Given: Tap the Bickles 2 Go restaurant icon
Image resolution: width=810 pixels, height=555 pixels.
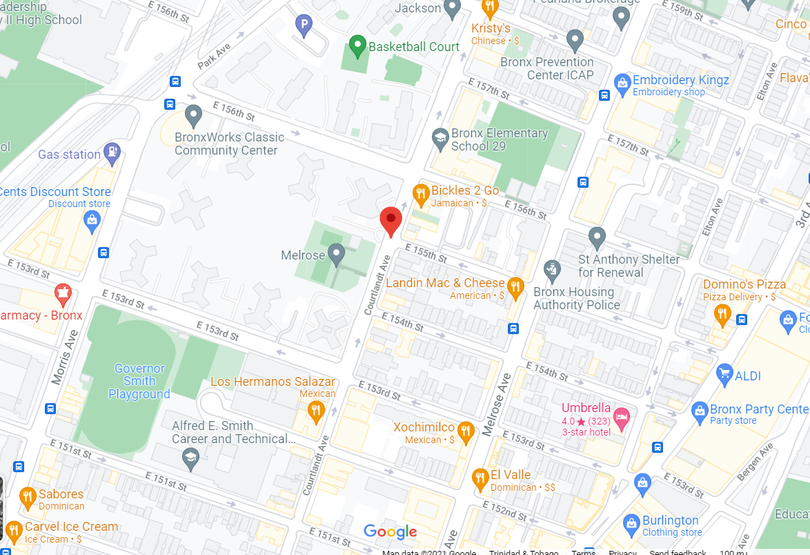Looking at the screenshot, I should coord(421,195).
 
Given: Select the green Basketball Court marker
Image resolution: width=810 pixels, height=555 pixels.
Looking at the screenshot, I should coord(357,46).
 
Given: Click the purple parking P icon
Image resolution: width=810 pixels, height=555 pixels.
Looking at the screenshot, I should coord(303,26).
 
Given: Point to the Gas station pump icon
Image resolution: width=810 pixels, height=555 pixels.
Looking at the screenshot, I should coord(112,152).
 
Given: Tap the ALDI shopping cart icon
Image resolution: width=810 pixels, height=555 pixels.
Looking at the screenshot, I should coord(724,374).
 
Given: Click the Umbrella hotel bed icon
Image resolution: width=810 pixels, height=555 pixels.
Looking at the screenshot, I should coord(622,418).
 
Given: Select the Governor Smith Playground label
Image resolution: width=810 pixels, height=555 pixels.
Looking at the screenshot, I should coord(139,382).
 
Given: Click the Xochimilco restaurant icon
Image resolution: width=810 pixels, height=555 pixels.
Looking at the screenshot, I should coord(466,432).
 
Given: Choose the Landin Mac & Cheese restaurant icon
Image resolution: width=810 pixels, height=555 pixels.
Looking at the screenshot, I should coord(515,287).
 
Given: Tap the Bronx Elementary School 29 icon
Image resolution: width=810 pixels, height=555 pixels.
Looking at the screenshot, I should coord(439,138).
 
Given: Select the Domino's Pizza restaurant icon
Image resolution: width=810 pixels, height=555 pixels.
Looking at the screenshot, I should coord(722,315).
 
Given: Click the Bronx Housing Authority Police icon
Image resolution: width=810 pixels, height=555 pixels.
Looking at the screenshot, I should coord(551,270).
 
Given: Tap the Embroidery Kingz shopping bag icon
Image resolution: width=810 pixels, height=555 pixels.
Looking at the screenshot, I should coord(622,84).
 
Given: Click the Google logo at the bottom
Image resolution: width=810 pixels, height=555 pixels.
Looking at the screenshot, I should coord(391,532).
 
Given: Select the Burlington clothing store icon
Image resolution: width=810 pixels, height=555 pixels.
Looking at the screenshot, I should coord(631,525).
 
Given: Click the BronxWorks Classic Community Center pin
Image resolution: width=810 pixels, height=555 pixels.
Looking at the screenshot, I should coord(193,115).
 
